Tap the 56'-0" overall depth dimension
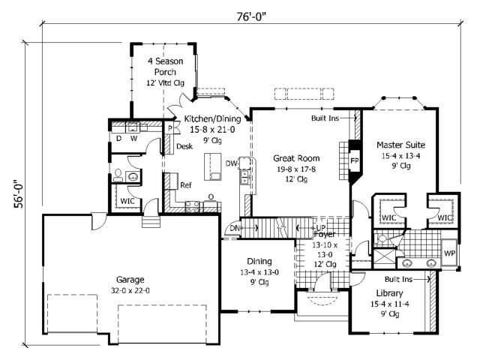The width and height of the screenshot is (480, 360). (x=18, y=193)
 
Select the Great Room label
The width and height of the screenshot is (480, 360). (x=296, y=158)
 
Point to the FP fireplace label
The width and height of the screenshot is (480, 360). (x=355, y=160)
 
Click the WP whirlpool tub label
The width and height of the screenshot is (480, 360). (x=449, y=253)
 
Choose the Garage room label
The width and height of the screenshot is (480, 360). (x=130, y=280)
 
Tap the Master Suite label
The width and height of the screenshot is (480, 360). (x=400, y=145)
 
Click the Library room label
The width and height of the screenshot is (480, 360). (x=389, y=293)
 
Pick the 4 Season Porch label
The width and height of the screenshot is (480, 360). (x=165, y=67)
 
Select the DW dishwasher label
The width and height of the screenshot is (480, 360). (x=232, y=163)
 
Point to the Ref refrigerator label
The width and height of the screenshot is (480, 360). (x=186, y=185)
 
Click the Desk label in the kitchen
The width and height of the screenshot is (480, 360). (x=184, y=146)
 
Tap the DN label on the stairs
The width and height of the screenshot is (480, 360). (x=235, y=228)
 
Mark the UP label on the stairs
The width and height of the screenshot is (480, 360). (x=321, y=228)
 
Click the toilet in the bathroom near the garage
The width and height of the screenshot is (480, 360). (x=118, y=175)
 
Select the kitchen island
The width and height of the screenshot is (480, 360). (x=213, y=166)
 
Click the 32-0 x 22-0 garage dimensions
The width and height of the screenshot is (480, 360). (x=130, y=290)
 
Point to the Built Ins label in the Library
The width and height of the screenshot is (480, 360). (x=398, y=279)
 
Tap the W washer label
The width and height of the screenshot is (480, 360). (x=133, y=139)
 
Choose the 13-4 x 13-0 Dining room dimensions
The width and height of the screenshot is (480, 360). (x=259, y=272)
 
